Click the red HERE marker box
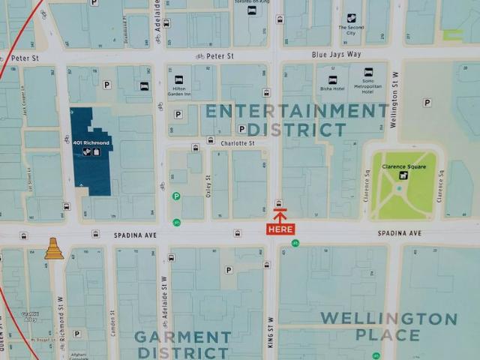tap(280, 229)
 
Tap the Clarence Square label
tap(403, 167)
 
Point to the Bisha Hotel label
tap(332, 88)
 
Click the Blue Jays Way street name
tap(336, 55)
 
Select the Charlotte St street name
tap(237, 142)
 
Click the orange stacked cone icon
tap(53, 249)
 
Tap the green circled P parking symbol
tap(176, 196)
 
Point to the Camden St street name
tap(112, 322)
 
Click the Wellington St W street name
tap(394, 99)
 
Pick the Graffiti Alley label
tap(30, 316)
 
